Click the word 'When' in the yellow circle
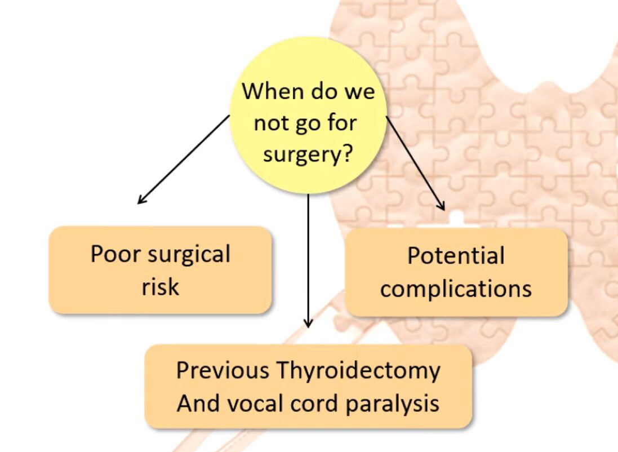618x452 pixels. pos(266,91)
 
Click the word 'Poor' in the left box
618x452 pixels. pos(115,254)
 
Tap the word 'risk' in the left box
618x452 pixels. pos(161,286)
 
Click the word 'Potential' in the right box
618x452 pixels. pos(456,256)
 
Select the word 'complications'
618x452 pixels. pos(456,289)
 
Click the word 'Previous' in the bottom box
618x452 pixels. pos(223,371)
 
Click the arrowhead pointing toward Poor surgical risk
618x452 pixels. pos(141,200)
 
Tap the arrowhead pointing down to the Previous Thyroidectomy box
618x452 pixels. pos(308,323)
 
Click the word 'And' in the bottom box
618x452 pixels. pos(195,404)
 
